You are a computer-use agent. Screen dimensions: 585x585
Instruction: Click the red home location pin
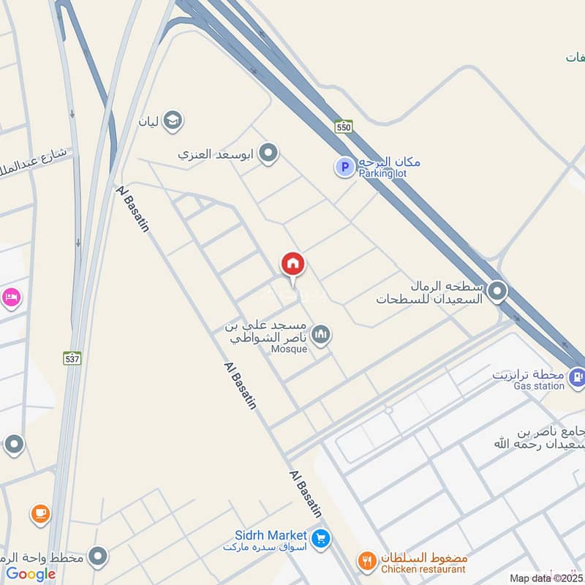[x=293, y=265]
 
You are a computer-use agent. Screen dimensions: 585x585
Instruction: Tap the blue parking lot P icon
[x=344, y=167]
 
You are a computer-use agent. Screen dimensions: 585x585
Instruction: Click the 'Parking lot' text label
[x=382, y=173]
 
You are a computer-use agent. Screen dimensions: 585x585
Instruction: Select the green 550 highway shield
[x=344, y=127]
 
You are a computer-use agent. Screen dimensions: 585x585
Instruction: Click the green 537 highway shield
[x=72, y=358]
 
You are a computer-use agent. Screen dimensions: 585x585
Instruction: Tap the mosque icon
[x=320, y=336]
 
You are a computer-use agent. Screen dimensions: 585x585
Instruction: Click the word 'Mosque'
[x=289, y=350]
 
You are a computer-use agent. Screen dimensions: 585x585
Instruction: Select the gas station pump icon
[x=576, y=377]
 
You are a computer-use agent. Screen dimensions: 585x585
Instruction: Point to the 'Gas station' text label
[x=539, y=385]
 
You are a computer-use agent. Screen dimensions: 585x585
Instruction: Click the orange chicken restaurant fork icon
[x=366, y=561]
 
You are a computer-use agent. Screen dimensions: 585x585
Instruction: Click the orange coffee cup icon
[x=39, y=514]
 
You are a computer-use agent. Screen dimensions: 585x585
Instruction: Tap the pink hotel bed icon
[x=12, y=297]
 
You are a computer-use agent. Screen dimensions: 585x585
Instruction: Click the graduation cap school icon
[x=173, y=120]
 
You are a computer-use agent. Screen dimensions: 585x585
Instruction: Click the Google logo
[x=31, y=573]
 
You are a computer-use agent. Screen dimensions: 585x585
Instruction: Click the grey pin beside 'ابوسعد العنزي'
[x=269, y=154]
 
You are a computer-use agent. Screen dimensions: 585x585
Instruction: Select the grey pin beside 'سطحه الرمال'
[x=497, y=292]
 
